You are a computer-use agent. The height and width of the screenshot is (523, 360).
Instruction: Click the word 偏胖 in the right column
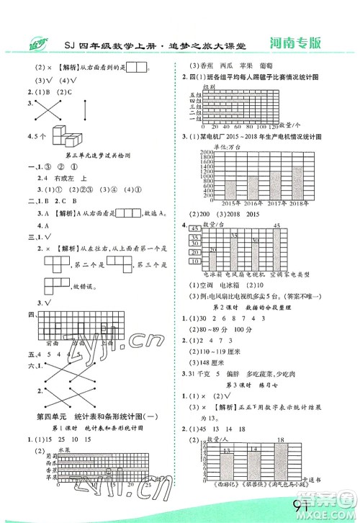tap(238, 363)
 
